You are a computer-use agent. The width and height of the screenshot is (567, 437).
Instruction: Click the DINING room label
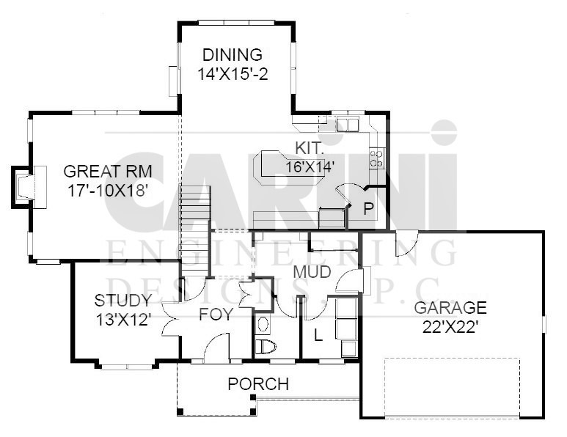point(232,54)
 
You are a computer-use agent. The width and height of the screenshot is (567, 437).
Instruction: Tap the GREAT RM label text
point(108,172)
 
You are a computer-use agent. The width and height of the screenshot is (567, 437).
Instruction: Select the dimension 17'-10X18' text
point(108,191)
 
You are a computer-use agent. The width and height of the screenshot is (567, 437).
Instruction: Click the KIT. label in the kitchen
point(309,148)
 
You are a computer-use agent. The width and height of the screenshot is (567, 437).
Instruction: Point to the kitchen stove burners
point(376,158)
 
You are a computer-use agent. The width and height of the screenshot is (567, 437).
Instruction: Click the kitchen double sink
point(347,124)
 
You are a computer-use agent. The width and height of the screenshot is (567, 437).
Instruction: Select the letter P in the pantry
point(368,209)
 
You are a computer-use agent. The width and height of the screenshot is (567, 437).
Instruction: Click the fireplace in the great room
point(29,186)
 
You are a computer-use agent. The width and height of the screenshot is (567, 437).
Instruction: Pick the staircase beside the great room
point(195,232)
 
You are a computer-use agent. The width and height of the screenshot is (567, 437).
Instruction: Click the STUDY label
point(123,301)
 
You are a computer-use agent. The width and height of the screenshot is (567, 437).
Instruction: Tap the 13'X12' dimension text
point(123,320)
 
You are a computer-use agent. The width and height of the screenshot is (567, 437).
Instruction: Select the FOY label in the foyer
point(216,314)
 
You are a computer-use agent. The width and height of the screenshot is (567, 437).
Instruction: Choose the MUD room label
point(312,272)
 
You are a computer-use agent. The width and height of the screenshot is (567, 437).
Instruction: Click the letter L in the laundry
point(318,335)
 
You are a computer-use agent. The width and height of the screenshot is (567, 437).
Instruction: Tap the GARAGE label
point(450,308)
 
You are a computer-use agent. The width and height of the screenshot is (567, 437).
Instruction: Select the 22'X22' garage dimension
point(450,327)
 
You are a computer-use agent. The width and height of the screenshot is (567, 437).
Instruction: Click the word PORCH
point(258,384)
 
